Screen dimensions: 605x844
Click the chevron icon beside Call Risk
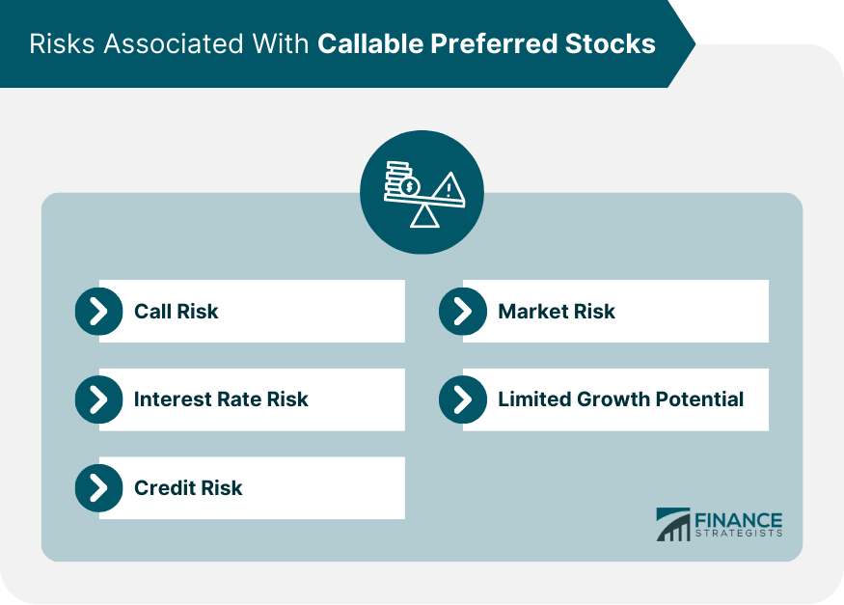[98, 311]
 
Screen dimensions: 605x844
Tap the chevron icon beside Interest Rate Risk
[98, 399]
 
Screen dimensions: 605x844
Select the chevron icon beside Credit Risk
[98, 487]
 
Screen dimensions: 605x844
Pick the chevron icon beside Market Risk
[462, 311]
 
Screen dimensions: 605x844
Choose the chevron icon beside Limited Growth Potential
[462, 399]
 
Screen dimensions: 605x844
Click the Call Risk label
[177, 311]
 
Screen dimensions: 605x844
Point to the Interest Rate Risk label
[221, 399]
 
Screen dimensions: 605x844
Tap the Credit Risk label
[188, 487]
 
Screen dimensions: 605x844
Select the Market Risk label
[557, 311]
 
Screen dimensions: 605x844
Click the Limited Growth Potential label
[620, 399]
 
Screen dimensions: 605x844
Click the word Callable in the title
[368, 44]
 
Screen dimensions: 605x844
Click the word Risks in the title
[57, 44]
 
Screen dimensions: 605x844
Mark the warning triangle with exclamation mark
[447, 185]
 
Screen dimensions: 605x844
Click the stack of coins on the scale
[399, 179]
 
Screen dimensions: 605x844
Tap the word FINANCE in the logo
[739, 519]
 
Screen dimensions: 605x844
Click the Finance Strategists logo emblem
[673, 525]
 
